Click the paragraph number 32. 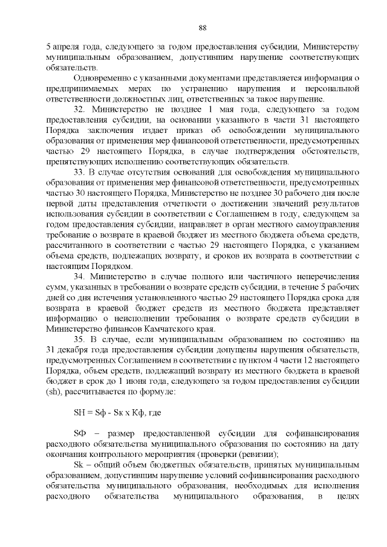pyautogui.click(x=80, y=109)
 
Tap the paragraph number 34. pyautogui.click(x=80, y=277)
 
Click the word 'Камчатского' pyautogui.click(x=177, y=329)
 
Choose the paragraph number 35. pyautogui.click(x=80, y=340)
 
